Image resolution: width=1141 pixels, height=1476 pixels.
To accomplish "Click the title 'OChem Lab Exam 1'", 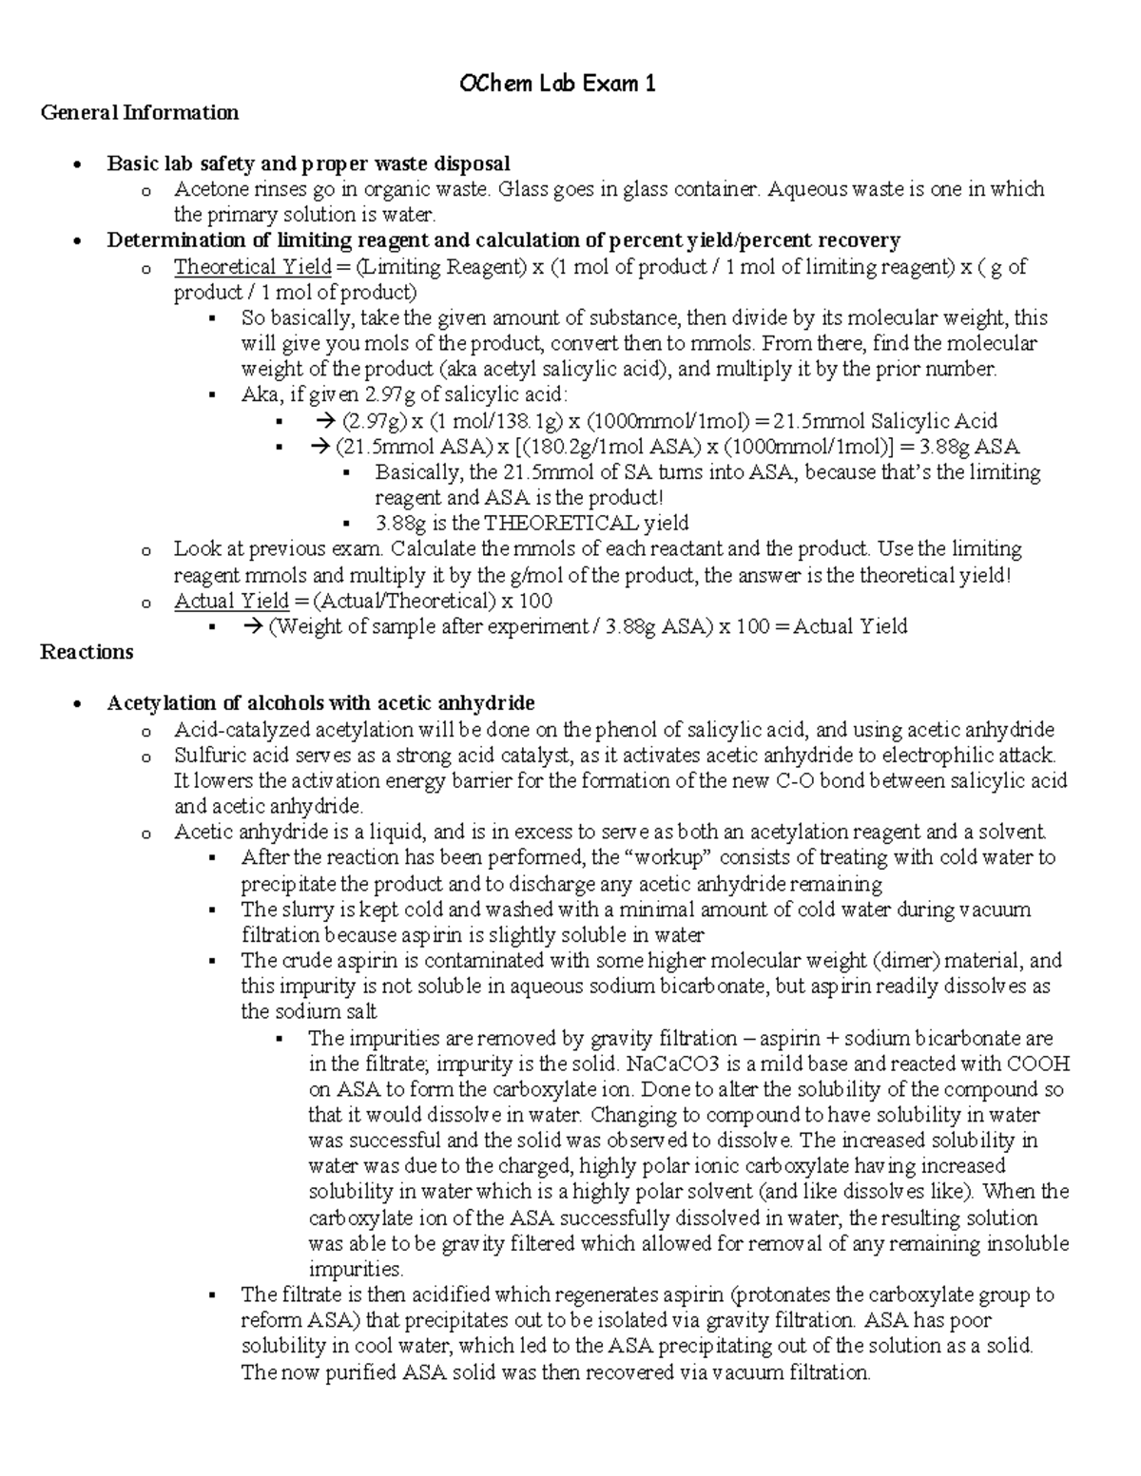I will click(x=557, y=85).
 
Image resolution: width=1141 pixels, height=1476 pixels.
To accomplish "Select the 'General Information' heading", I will click(x=139, y=113).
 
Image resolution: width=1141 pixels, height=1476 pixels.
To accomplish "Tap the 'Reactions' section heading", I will click(x=87, y=652).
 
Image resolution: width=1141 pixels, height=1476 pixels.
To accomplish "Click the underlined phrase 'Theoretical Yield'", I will click(x=252, y=267).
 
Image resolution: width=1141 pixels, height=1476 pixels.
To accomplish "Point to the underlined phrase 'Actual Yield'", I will click(x=231, y=601).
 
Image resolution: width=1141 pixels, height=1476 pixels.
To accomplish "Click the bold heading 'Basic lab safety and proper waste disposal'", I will click(x=308, y=163).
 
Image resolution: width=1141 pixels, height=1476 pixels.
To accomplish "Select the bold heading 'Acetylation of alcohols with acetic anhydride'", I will click(x=320, y=703).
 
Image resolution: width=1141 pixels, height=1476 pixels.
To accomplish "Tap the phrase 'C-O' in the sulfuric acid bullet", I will click(x=784, y=781).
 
